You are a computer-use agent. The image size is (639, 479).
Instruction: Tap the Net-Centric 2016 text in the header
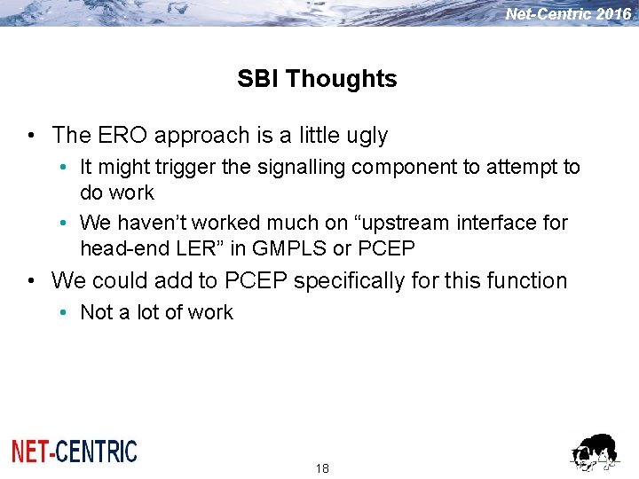coord(568,13)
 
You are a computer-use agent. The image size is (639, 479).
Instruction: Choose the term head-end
coord(116,248)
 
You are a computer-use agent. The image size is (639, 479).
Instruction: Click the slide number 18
coord(322,467)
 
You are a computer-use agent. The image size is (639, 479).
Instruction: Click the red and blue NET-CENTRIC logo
coord(75,451)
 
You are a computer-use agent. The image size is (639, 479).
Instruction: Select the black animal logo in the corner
coord(594,452)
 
